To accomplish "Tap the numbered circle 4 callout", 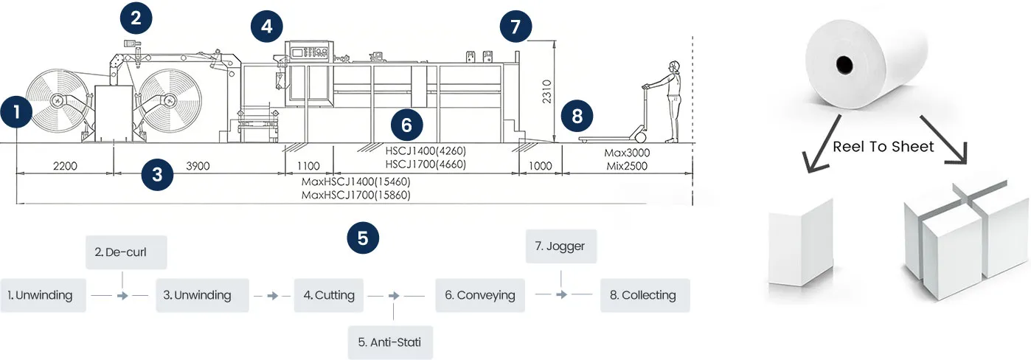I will click(x=266, y=27).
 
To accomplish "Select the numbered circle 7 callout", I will click(x=515, y=27).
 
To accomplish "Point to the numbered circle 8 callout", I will click(x=577, y=115).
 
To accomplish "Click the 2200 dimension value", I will click(x=64, y=166).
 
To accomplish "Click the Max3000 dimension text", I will click(x=626, y=153).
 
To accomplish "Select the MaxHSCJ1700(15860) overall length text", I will click(x=356, y=195).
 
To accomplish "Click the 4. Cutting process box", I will click(x=329, y=295).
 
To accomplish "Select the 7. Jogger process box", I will click(x=560, y=246).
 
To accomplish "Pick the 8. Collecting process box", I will click(x=645, y=295).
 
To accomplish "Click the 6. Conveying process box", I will click(x=479, y=295).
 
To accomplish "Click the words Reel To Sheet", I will click(x=883, y=147).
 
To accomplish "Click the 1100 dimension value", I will click(x=308, y=166).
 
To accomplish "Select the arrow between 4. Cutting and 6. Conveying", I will click(x=395, y=296).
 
